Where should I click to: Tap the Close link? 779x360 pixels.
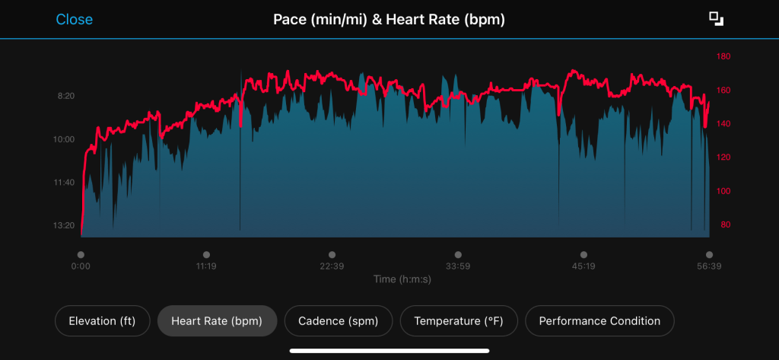click(x=74, y=19)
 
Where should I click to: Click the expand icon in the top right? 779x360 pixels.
click(x=715, y=19)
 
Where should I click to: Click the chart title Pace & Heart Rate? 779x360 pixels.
click(x=389, y=19)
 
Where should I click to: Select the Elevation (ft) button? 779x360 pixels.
click(x=102, y=321)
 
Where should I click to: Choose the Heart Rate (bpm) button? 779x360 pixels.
click(x=217, y=321)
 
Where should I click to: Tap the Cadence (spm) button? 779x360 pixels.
click(x=339, y=321)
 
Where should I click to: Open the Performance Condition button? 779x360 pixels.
click(x=599, y=321)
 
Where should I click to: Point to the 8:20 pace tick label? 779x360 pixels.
click(x=66, y=97)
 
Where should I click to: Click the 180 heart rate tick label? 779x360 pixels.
click(x=723, y=56)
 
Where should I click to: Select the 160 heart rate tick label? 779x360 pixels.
click(x=723, y=90)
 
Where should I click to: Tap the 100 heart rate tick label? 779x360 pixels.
click(x=723, y=191)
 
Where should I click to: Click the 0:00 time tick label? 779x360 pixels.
click(x=81, y=267)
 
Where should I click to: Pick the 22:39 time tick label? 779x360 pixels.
click(x=332, y=267)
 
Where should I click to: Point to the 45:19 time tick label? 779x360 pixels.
click(x=583, y=267)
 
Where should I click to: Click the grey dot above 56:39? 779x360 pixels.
click(x=709, y=255)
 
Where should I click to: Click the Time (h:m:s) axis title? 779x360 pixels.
click(x=402, y=279)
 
